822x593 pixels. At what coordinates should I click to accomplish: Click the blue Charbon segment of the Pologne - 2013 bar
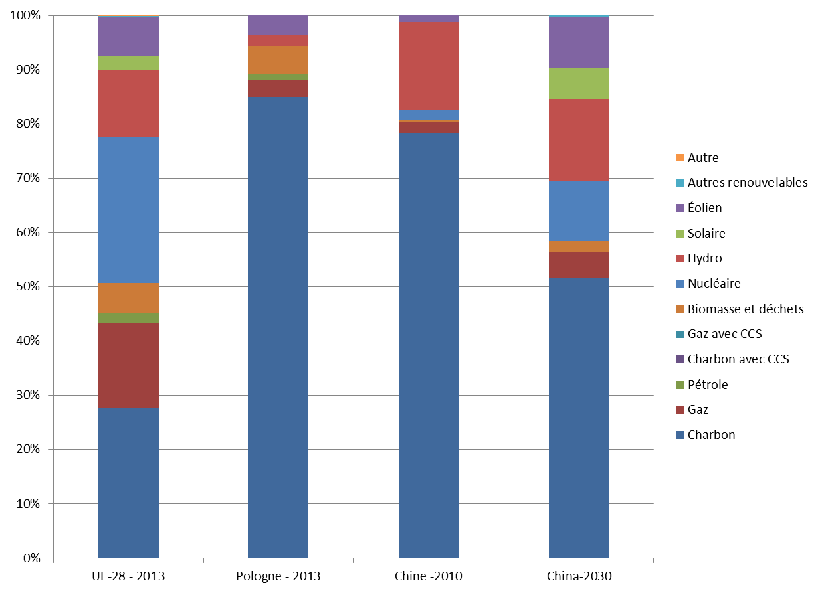278,327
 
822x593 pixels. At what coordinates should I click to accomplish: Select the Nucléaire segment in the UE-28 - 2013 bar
128,210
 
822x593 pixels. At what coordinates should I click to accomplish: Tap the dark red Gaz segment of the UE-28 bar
128,365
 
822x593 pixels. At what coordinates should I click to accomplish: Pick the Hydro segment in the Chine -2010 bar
429,66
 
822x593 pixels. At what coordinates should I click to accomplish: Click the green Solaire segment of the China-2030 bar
579,84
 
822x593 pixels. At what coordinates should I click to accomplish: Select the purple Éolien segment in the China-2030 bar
579,43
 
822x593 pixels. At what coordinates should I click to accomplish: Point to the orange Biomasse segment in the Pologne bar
278,59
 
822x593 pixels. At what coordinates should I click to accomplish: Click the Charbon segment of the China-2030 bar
579,418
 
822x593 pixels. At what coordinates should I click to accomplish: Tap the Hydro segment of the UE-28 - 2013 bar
128,104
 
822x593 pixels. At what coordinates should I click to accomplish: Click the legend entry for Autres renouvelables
747,183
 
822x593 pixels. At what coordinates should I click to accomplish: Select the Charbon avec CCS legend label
738,359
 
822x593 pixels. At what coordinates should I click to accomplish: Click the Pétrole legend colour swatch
680,385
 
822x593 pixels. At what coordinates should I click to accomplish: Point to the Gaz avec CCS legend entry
724,334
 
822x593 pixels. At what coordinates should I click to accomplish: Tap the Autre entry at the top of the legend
703,158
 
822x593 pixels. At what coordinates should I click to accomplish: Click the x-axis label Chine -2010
429,576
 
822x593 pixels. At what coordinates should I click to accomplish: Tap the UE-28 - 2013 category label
128,576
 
